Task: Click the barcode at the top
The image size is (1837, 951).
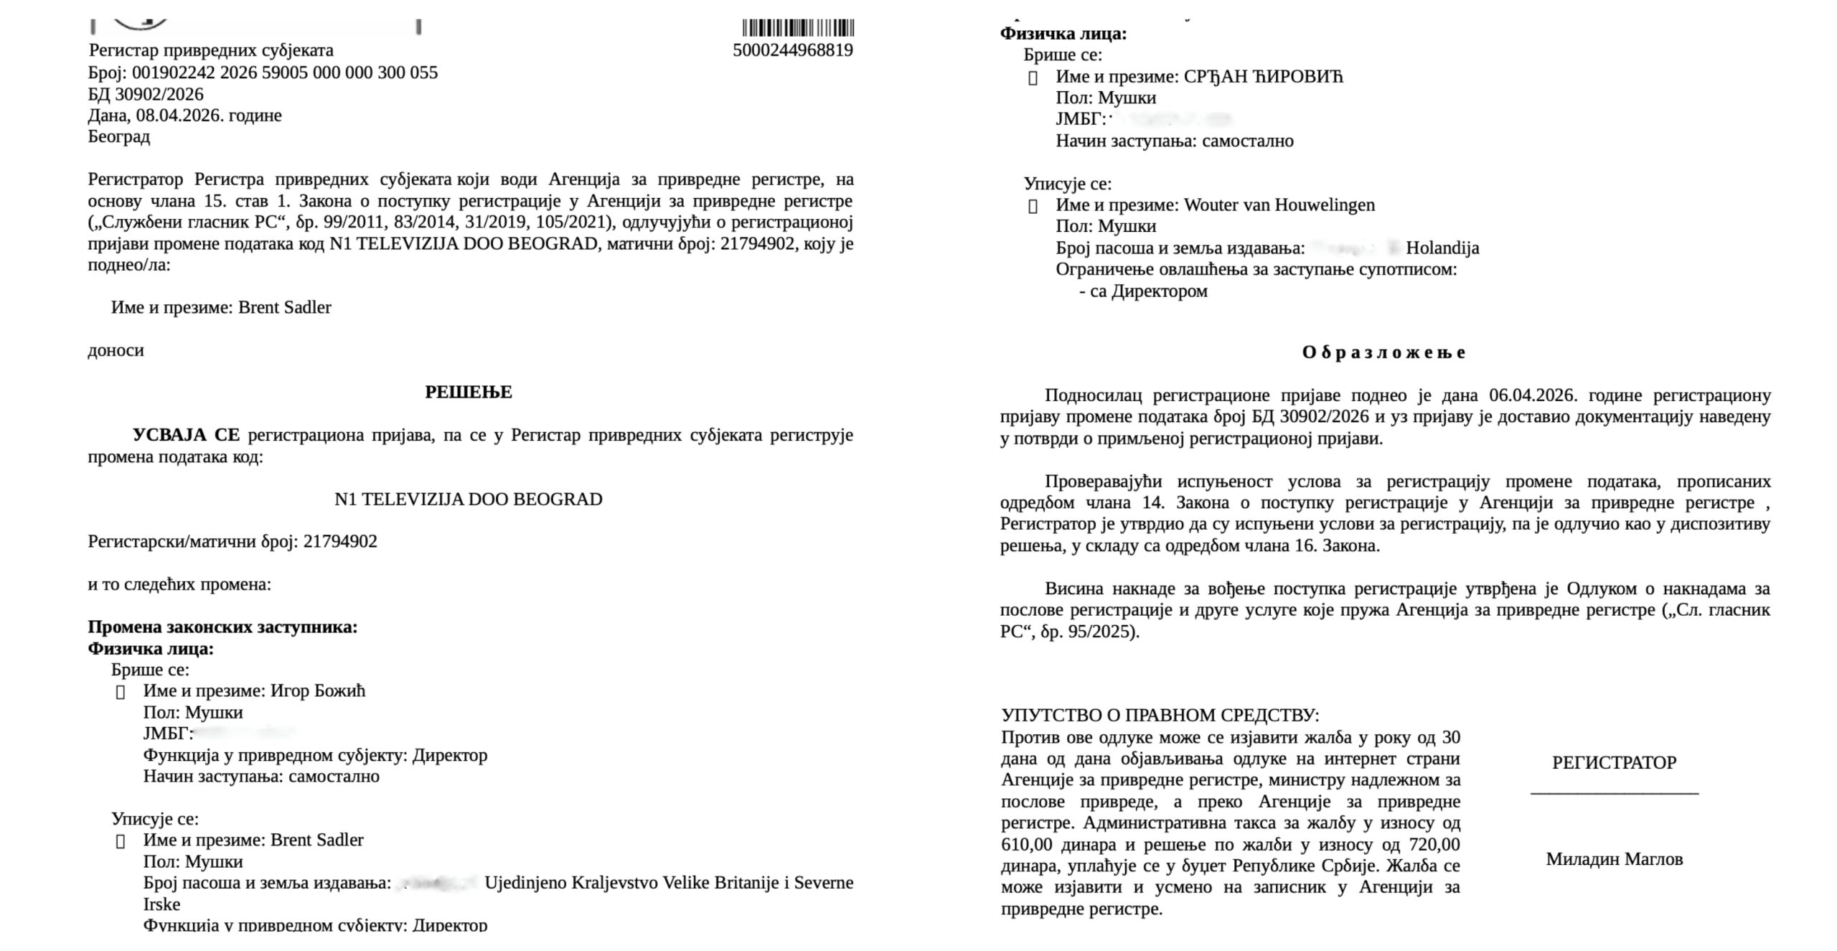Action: [x=798, y=28]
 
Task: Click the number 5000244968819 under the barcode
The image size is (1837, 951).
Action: [x=792, y=50]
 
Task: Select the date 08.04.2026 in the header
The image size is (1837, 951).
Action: [x=178, y=116]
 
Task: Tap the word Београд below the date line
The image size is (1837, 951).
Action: [x=119, y=136]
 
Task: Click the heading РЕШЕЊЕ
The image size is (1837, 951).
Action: [x=469, y=392]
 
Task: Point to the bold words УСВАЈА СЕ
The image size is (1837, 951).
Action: [x=186, y=435]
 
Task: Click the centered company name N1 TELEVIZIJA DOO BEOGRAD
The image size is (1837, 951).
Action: [x=469, y=500]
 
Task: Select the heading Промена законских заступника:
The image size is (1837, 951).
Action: [x=222, y=627]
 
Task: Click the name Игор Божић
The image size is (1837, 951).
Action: [x=318, y=690]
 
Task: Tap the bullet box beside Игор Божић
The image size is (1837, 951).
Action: [x=121, y=692]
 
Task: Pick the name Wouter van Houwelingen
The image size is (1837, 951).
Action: [x=1279, y=205]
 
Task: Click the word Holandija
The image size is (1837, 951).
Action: [x=1442, y=248]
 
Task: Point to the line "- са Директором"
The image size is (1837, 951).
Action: [x=1143, y=291]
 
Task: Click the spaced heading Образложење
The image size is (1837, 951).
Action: [x=1384, y=352]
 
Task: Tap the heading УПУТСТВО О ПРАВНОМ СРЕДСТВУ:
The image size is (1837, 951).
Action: [x=1160, y=715]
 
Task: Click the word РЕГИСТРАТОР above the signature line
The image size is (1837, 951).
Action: [x=1614, y=763]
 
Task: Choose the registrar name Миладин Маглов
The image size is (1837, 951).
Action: [x=1614, y=859]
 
